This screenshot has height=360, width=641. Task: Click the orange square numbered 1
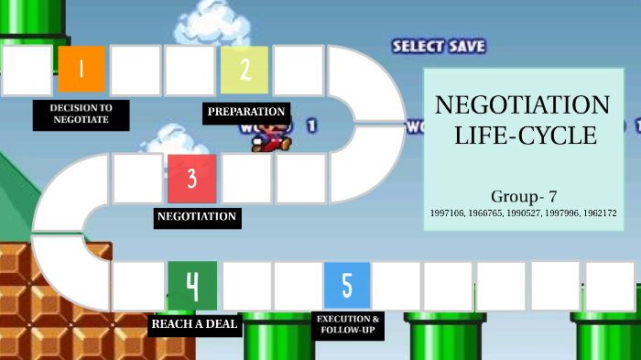81,70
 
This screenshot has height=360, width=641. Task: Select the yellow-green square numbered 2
244,71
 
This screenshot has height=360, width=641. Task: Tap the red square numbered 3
191,179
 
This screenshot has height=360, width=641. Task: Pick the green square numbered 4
192,286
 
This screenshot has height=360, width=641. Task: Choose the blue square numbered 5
347,286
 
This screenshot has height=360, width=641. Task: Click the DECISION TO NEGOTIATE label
81,114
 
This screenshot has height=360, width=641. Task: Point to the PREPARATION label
246,113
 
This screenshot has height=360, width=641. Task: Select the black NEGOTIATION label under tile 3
198,218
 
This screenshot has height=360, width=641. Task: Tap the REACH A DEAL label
195,324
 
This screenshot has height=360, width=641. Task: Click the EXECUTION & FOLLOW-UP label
347,324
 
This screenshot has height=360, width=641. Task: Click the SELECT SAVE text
439,46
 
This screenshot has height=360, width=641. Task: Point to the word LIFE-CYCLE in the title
526,137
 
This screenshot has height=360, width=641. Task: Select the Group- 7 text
524,196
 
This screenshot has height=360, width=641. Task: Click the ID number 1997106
448,213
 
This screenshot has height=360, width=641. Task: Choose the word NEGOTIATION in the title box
523,104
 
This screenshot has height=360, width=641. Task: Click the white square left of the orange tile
27,71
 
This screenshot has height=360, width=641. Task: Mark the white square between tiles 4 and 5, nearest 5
298,286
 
